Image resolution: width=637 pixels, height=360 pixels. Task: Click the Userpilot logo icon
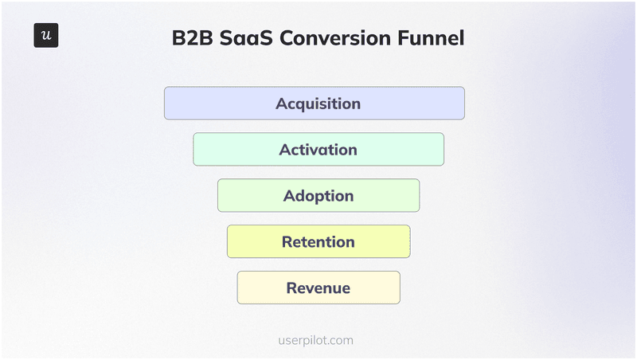click(46, 36)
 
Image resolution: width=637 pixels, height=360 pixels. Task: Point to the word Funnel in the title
click(436, 37)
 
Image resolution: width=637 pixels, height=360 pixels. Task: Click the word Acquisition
click(318, 104)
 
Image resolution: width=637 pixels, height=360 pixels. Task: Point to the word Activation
click(318, 150)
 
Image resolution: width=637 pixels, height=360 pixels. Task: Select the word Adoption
click(318, 196)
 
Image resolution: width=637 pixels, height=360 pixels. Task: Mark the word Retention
click(318, 242)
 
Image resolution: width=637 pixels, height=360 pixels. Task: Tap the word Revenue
click(318, 288)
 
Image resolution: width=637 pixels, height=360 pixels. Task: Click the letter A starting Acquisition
click(282, 104)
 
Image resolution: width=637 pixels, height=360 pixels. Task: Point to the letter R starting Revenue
click(291, 288)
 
